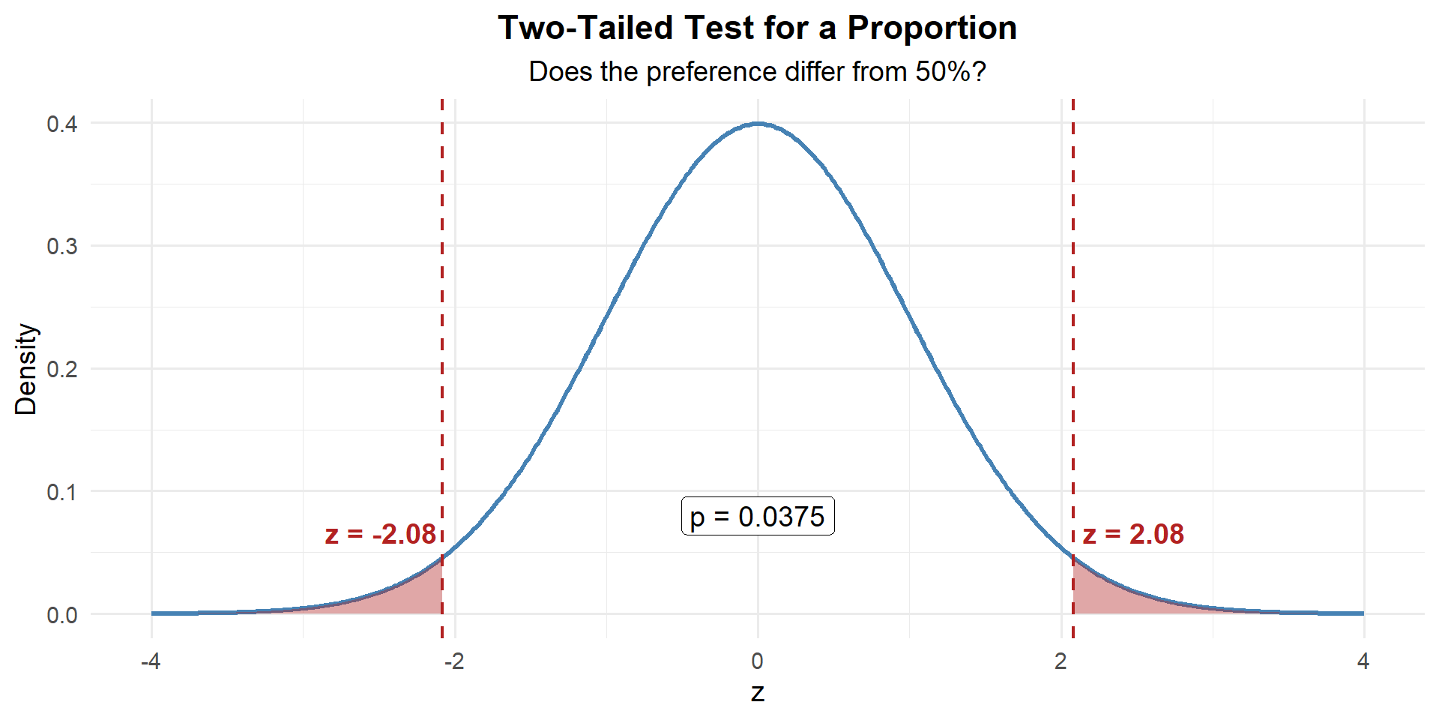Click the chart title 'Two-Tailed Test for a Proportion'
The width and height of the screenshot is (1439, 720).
(757, 28)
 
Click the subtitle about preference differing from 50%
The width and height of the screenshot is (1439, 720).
(757, 72)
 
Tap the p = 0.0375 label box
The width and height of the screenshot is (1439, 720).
(757, 516)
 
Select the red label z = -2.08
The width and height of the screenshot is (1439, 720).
(380, 534)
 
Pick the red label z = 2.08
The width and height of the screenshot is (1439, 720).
(1133, 534)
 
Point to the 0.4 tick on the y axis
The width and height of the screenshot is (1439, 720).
(62, 124)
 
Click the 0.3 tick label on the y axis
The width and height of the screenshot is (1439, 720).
(62, 247)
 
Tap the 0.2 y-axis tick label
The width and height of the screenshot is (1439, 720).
(62, 370)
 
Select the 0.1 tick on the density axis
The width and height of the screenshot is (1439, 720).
(62, 493)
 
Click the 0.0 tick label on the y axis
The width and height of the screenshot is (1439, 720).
(62, 616)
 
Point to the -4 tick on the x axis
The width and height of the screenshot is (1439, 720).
(151, 661)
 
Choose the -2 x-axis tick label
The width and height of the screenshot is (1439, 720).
(453, 661)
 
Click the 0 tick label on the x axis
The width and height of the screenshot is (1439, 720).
(757, 661)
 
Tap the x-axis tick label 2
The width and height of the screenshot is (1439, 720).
(1061, 661)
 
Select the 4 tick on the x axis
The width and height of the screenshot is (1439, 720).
(1363, 661)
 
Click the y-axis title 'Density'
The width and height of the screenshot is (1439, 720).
(25, 369)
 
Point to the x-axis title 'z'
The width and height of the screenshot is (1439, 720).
(757, 692)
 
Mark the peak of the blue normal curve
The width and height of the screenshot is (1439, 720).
(758, 124)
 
